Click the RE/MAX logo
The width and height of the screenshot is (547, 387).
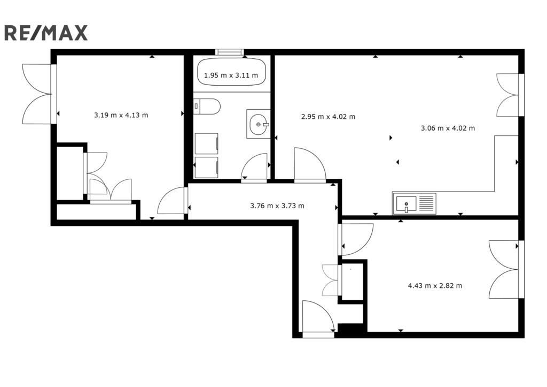(x=46, y=33)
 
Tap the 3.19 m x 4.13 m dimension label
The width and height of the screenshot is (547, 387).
(x=121, y=115)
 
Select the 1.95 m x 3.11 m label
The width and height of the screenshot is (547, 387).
(x=231, y=75)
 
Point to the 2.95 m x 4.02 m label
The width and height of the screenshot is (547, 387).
(x=328, y=117)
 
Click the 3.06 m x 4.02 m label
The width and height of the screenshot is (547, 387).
(x=448, y=128)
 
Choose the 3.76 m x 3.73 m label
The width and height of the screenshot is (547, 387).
(x=277, y=206)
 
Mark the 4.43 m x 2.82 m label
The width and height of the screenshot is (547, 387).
(x=435, y=286)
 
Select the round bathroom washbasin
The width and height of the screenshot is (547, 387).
(x=259, y=124)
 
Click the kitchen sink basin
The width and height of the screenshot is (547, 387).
(x=406, y=203)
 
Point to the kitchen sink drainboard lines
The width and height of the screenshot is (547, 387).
(x=426, y=203)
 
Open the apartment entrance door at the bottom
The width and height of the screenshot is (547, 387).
(x=318, y=317)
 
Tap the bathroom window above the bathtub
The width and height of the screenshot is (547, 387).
(x=229, y=52)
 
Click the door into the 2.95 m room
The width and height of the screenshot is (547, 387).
(x=310, y=165)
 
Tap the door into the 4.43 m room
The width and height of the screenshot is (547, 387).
(x=355, y=239)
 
